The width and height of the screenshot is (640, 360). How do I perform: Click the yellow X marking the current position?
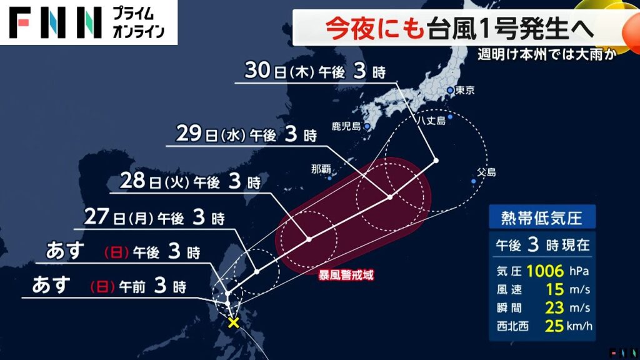234,322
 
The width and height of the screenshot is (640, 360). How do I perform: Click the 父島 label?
486,172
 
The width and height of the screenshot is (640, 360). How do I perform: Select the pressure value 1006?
546,271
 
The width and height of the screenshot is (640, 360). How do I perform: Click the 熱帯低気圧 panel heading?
541,218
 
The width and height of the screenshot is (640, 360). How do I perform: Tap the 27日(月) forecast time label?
154,218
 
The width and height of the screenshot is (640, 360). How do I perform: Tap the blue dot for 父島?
474,181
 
